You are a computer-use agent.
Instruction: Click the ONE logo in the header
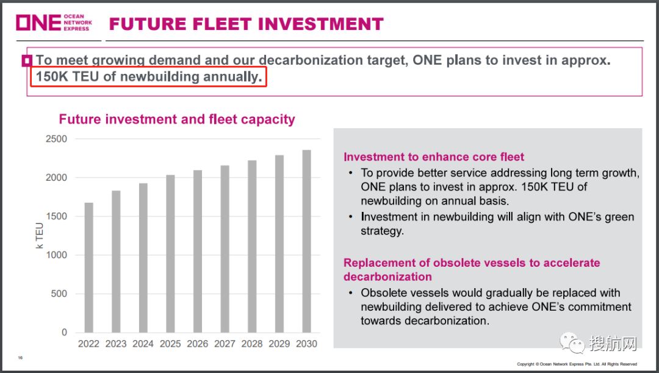(54, 23)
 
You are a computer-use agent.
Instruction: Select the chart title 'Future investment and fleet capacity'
(177, 119)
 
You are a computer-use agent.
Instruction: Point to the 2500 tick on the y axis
(56, 139)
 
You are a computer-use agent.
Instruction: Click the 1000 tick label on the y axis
(56, 255)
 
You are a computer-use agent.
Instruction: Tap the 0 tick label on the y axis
(64, 333)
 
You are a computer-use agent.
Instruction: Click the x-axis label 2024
(143, 344)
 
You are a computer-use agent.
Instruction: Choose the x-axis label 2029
(279, 344)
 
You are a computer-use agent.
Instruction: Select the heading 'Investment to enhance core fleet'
(434, 157)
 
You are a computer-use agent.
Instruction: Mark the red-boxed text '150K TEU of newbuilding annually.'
(149, 77)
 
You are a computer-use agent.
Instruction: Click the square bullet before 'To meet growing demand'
(27, 60)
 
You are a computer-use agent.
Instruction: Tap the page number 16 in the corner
(20, 358)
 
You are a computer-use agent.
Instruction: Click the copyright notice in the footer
(577, 364)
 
